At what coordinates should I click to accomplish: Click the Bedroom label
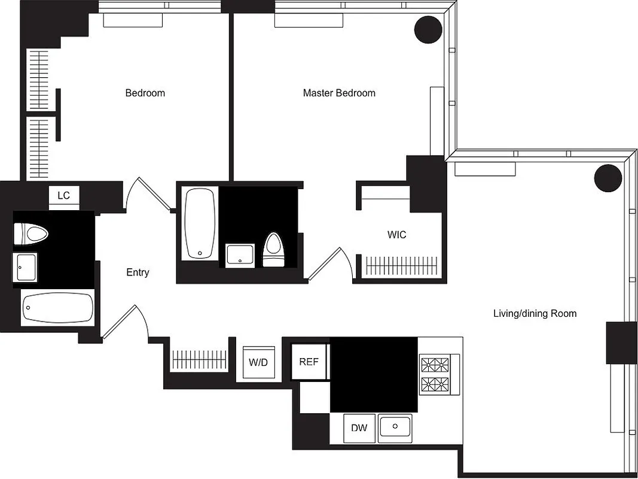(145, 93)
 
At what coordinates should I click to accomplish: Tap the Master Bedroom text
(339, 93)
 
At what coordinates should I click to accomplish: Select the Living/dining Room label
(535, 313)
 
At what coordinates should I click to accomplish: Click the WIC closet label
(396, 235)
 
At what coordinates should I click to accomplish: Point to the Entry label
(138, 272)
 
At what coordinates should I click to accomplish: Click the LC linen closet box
(63, 196)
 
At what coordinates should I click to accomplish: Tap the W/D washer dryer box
(258, 362)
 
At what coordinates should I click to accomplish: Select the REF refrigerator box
(309, 362)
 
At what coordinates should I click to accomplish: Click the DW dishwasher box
(359, 428)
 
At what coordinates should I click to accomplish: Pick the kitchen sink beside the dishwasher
(395, 427)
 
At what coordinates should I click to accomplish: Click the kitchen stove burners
(435, 374)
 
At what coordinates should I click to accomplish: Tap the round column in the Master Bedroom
(428, 29)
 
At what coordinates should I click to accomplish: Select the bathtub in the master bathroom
(200, 224)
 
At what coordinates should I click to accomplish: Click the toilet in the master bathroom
(273, 249)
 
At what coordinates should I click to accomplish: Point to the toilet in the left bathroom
(30, 234)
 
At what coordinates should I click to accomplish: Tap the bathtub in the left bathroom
(58, 308)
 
